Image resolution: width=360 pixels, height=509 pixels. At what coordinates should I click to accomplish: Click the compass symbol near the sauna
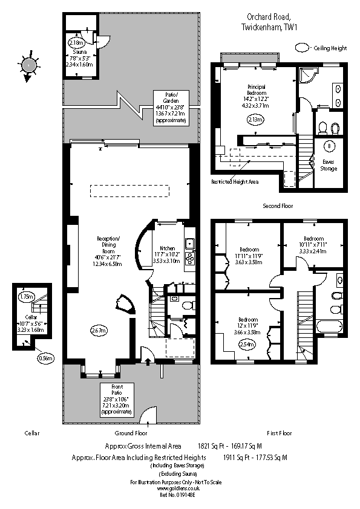click(28, 65)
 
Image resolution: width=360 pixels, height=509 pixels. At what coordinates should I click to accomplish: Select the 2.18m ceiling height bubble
click(76, 43)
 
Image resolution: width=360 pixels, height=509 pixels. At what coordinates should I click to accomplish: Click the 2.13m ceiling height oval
click(256, 120)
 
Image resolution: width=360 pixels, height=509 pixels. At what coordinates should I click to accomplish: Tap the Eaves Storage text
click(329, 165)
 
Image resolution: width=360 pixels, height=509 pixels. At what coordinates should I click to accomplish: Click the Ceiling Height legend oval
click(301, 47)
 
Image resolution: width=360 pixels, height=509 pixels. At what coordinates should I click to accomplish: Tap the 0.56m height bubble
click(45, 358)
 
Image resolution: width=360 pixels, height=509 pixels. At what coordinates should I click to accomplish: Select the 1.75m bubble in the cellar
click(26, 297)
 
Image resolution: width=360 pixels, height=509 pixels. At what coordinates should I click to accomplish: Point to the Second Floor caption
click(278, 206)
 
